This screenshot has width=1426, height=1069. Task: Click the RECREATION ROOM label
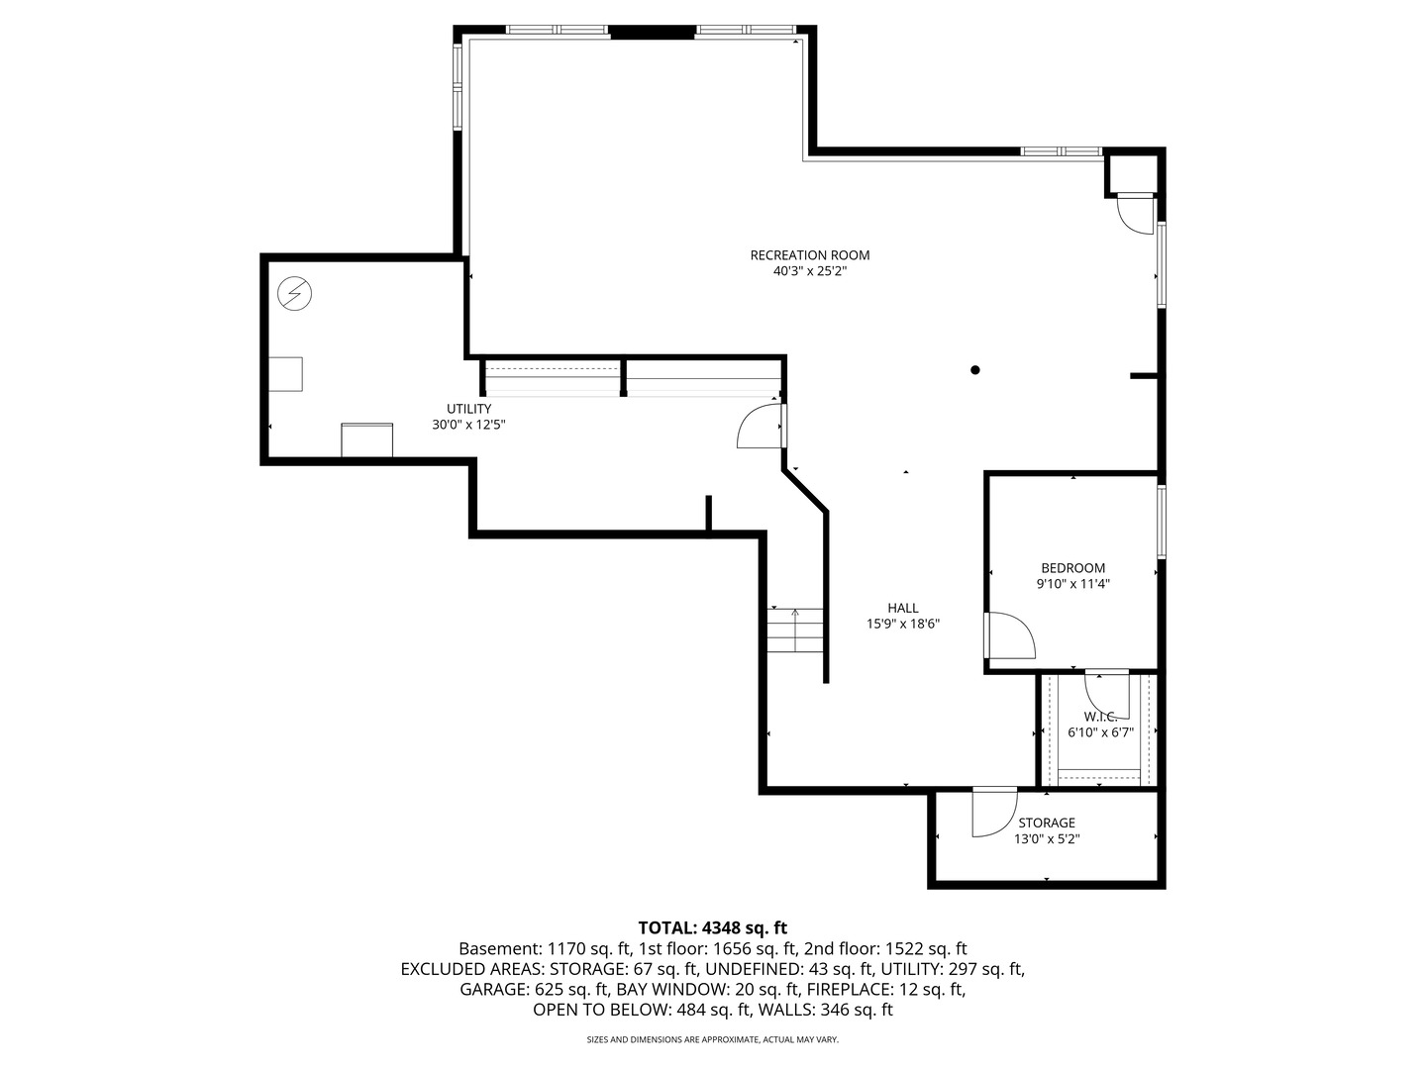pos(809,255)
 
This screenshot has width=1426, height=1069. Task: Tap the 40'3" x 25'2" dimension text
pos(809,271)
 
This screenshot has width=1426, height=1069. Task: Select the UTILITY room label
pos(468,409)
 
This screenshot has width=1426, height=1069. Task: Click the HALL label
pos(902,608)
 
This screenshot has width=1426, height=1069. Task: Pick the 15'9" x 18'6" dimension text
pos(902,624)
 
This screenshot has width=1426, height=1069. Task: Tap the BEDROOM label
pos(1072,568)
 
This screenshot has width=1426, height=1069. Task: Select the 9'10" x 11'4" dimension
pos(1072,584)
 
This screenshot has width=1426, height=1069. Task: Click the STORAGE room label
pos(1047,823)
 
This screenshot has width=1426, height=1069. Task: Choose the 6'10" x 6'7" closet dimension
pos(1100,732)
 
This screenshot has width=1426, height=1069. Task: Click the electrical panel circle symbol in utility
pos(294,293)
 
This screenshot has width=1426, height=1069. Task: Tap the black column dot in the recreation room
pos(975,370)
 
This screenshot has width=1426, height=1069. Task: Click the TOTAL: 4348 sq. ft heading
pos(712,928)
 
